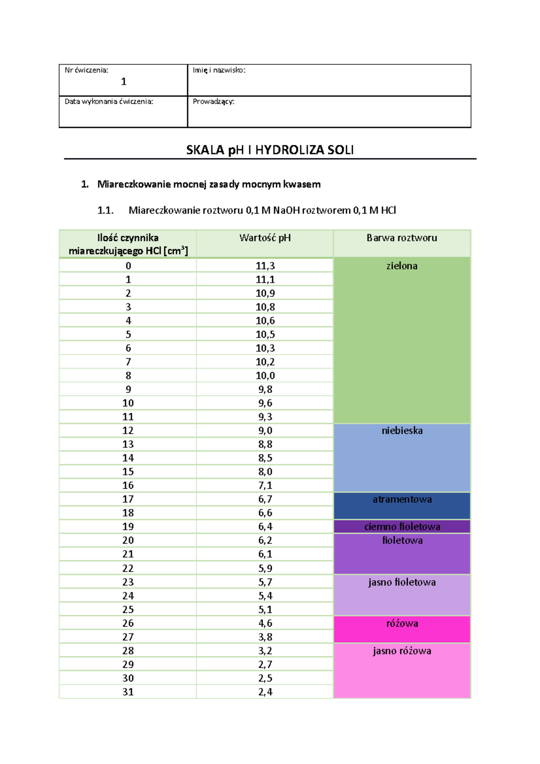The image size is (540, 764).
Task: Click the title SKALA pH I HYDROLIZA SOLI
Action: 270,150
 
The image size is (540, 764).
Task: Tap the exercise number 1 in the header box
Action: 124,81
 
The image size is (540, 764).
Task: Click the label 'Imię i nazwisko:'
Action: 219,70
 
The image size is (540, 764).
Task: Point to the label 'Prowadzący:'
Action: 213,102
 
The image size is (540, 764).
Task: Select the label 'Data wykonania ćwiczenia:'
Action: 109,102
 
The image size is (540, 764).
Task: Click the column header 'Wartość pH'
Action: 265,238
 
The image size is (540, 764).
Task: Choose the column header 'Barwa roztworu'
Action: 402,238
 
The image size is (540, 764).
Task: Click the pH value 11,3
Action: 265,266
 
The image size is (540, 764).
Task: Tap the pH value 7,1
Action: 265,485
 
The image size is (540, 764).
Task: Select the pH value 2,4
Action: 265,692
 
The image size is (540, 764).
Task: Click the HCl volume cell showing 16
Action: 128,485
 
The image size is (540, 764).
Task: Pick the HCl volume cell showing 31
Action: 128,692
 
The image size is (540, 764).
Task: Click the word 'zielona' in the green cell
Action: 402,266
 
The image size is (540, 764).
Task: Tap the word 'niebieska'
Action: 402,431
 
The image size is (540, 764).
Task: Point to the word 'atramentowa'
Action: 402,499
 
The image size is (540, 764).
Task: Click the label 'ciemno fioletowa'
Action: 402,526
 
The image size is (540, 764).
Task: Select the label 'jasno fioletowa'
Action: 402,582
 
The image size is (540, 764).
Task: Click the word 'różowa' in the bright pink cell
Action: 402,623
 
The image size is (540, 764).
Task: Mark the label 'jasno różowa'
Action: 402,651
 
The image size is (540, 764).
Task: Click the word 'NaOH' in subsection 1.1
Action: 286,210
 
